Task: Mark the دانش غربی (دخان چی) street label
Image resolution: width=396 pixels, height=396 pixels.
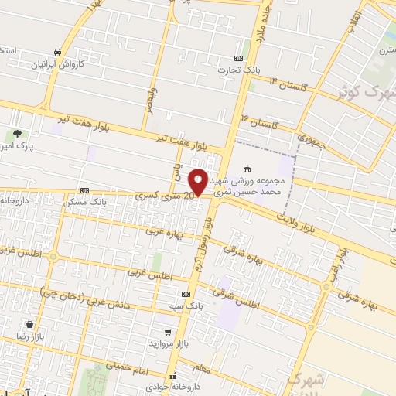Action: click(x=76, y=295)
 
